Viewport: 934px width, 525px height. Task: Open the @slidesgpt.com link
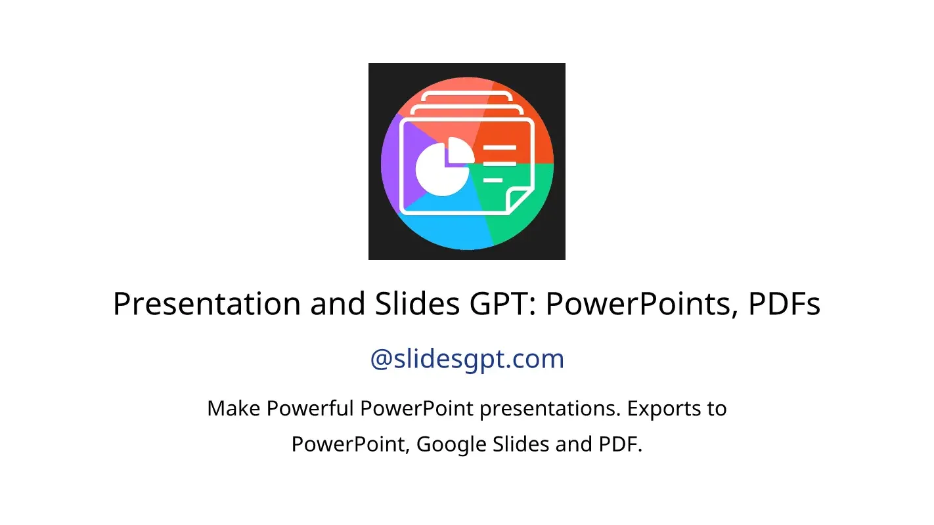pyautogui.click(x=467, y=359)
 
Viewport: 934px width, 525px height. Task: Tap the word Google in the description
pyautogui.click(x=452, y=444)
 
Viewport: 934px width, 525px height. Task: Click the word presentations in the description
pyautogui.click(x=547, y=409)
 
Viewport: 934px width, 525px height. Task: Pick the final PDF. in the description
pyautogui.click(x=619, y=444)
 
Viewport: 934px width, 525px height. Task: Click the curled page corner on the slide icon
pyautogui.click(x=520, y=199)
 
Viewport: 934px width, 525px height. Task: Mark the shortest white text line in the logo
pyautogui.click(x=493, y=180)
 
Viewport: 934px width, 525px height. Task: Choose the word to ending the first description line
pyautogui.click(x=716, y=409)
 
